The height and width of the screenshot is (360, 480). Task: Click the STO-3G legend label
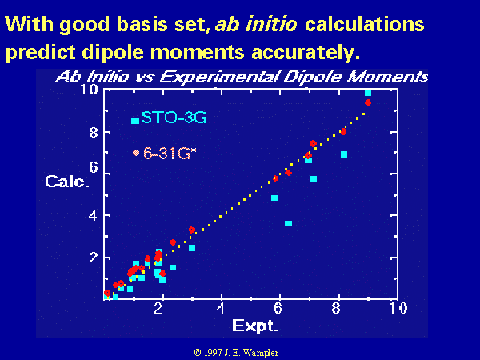[174, 118]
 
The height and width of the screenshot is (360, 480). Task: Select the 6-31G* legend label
[170, 154]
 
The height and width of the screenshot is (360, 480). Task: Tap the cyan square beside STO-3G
[135, 120]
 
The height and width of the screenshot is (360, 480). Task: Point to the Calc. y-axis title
[67, 182]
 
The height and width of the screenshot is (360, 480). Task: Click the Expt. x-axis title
[255, 326]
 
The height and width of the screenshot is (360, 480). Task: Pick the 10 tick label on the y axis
[89, 90]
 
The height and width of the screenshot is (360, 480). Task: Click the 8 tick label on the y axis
[94, 133]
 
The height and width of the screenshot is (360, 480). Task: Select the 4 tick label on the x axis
[221, 308]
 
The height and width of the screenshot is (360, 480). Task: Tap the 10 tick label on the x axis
[398, 308]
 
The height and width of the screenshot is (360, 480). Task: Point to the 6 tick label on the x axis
[278, 308]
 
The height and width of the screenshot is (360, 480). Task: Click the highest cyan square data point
[368, 93]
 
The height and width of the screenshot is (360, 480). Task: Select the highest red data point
[368, 102]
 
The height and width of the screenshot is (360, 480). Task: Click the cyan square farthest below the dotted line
[288, 223]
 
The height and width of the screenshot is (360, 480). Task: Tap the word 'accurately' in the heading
[306, 52]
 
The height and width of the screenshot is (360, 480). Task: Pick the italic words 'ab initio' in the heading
[256, 24]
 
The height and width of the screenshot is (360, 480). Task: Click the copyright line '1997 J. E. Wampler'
[236, 352]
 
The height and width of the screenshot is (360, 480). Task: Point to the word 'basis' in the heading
[142, 24]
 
